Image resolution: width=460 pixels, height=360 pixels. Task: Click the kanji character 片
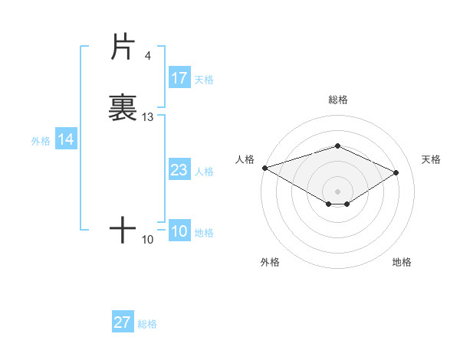pyautogui.click(x=123, y=47)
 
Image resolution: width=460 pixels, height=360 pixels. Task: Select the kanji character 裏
pyautogui.click(x=123, y=107)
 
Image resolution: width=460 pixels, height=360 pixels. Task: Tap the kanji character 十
pyautogui.click(x=123, y=230)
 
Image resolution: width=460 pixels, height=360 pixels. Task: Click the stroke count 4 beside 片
pyautogui.click(x=148, y=55)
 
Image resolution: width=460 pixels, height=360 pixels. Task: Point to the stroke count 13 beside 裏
pyautogui.click(x=148, y=117)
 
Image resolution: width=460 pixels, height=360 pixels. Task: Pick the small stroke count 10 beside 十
pyautogui.click(x=148, y=240)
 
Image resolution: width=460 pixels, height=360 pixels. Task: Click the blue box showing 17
pyautogui.click(x=179, y=78)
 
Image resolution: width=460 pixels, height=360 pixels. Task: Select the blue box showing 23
pyautogui.click(x=179, y=170)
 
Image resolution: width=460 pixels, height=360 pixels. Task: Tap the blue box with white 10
pyautogui.click(x=179, y=231)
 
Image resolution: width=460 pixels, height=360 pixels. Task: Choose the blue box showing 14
pyautogui.click(x=66, y=139)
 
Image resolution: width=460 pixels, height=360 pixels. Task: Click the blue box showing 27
pyautogui.click(x=123, y=322)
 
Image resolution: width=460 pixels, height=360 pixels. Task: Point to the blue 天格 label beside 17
pyautogui.click(x=204, y=79)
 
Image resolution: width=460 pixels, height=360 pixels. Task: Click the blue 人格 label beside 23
pyautogui.click(x=204, y=171)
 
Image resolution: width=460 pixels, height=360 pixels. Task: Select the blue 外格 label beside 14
pyautogui.click(x=41, y=140)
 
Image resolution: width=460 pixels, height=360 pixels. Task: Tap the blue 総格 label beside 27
pyautogui.click(x=147, y=323)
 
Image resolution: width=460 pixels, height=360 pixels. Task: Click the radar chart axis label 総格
pyautogui.click(x=337, y=100)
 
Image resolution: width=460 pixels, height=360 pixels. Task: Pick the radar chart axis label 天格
pyautogui.click(x=431, y=159)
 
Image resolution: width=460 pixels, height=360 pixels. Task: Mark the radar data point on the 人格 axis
pyautogui.click(x=264, y=168)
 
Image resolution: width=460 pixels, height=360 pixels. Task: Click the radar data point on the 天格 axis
pyautogui.click(x=396, y=172)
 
